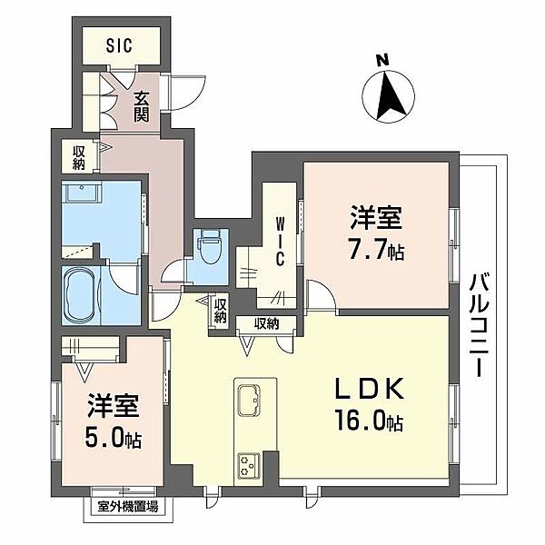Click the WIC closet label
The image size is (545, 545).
pyautogui.click(x=281, y=242)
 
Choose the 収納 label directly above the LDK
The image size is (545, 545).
pyautogui.click(x=265, y=323)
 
